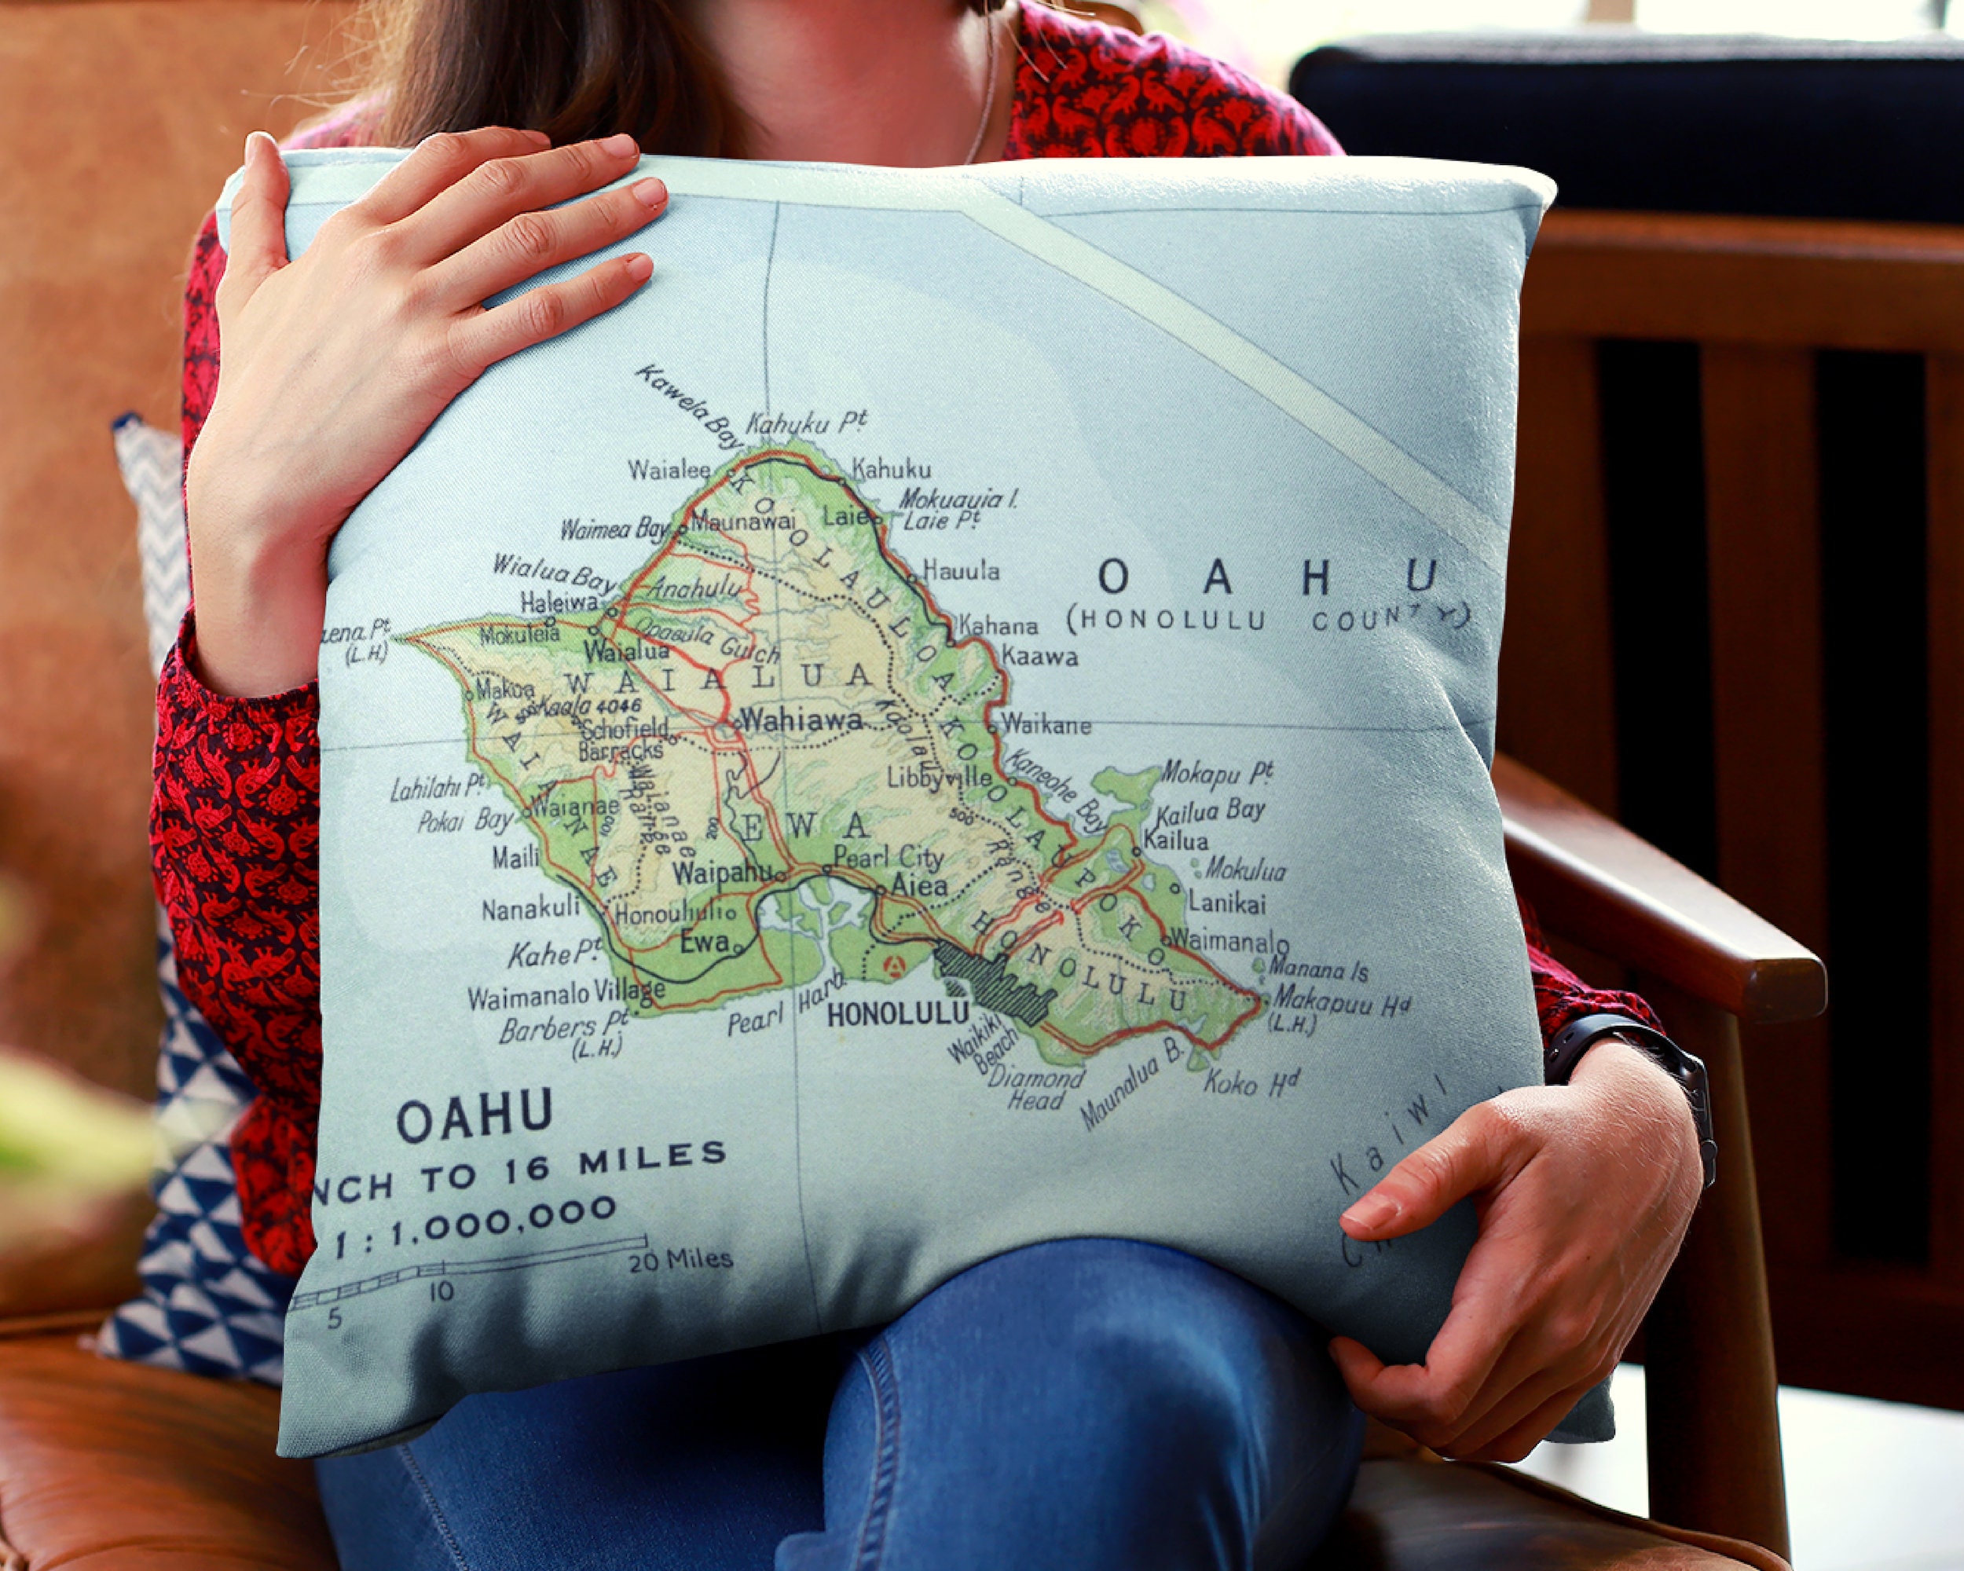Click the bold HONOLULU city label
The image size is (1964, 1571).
coord(896,1013)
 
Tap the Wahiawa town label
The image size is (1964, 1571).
coord(801,720)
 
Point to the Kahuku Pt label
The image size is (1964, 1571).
coord(806,423)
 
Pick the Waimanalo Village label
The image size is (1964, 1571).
coord(566,994)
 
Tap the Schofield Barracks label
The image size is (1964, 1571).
coord(624,739)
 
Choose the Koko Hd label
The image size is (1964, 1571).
coord(1250,1082)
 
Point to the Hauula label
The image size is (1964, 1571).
coord(961,571)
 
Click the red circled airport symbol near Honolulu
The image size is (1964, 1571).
coord(896,965)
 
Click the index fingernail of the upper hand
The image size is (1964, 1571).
coord(649,192)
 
